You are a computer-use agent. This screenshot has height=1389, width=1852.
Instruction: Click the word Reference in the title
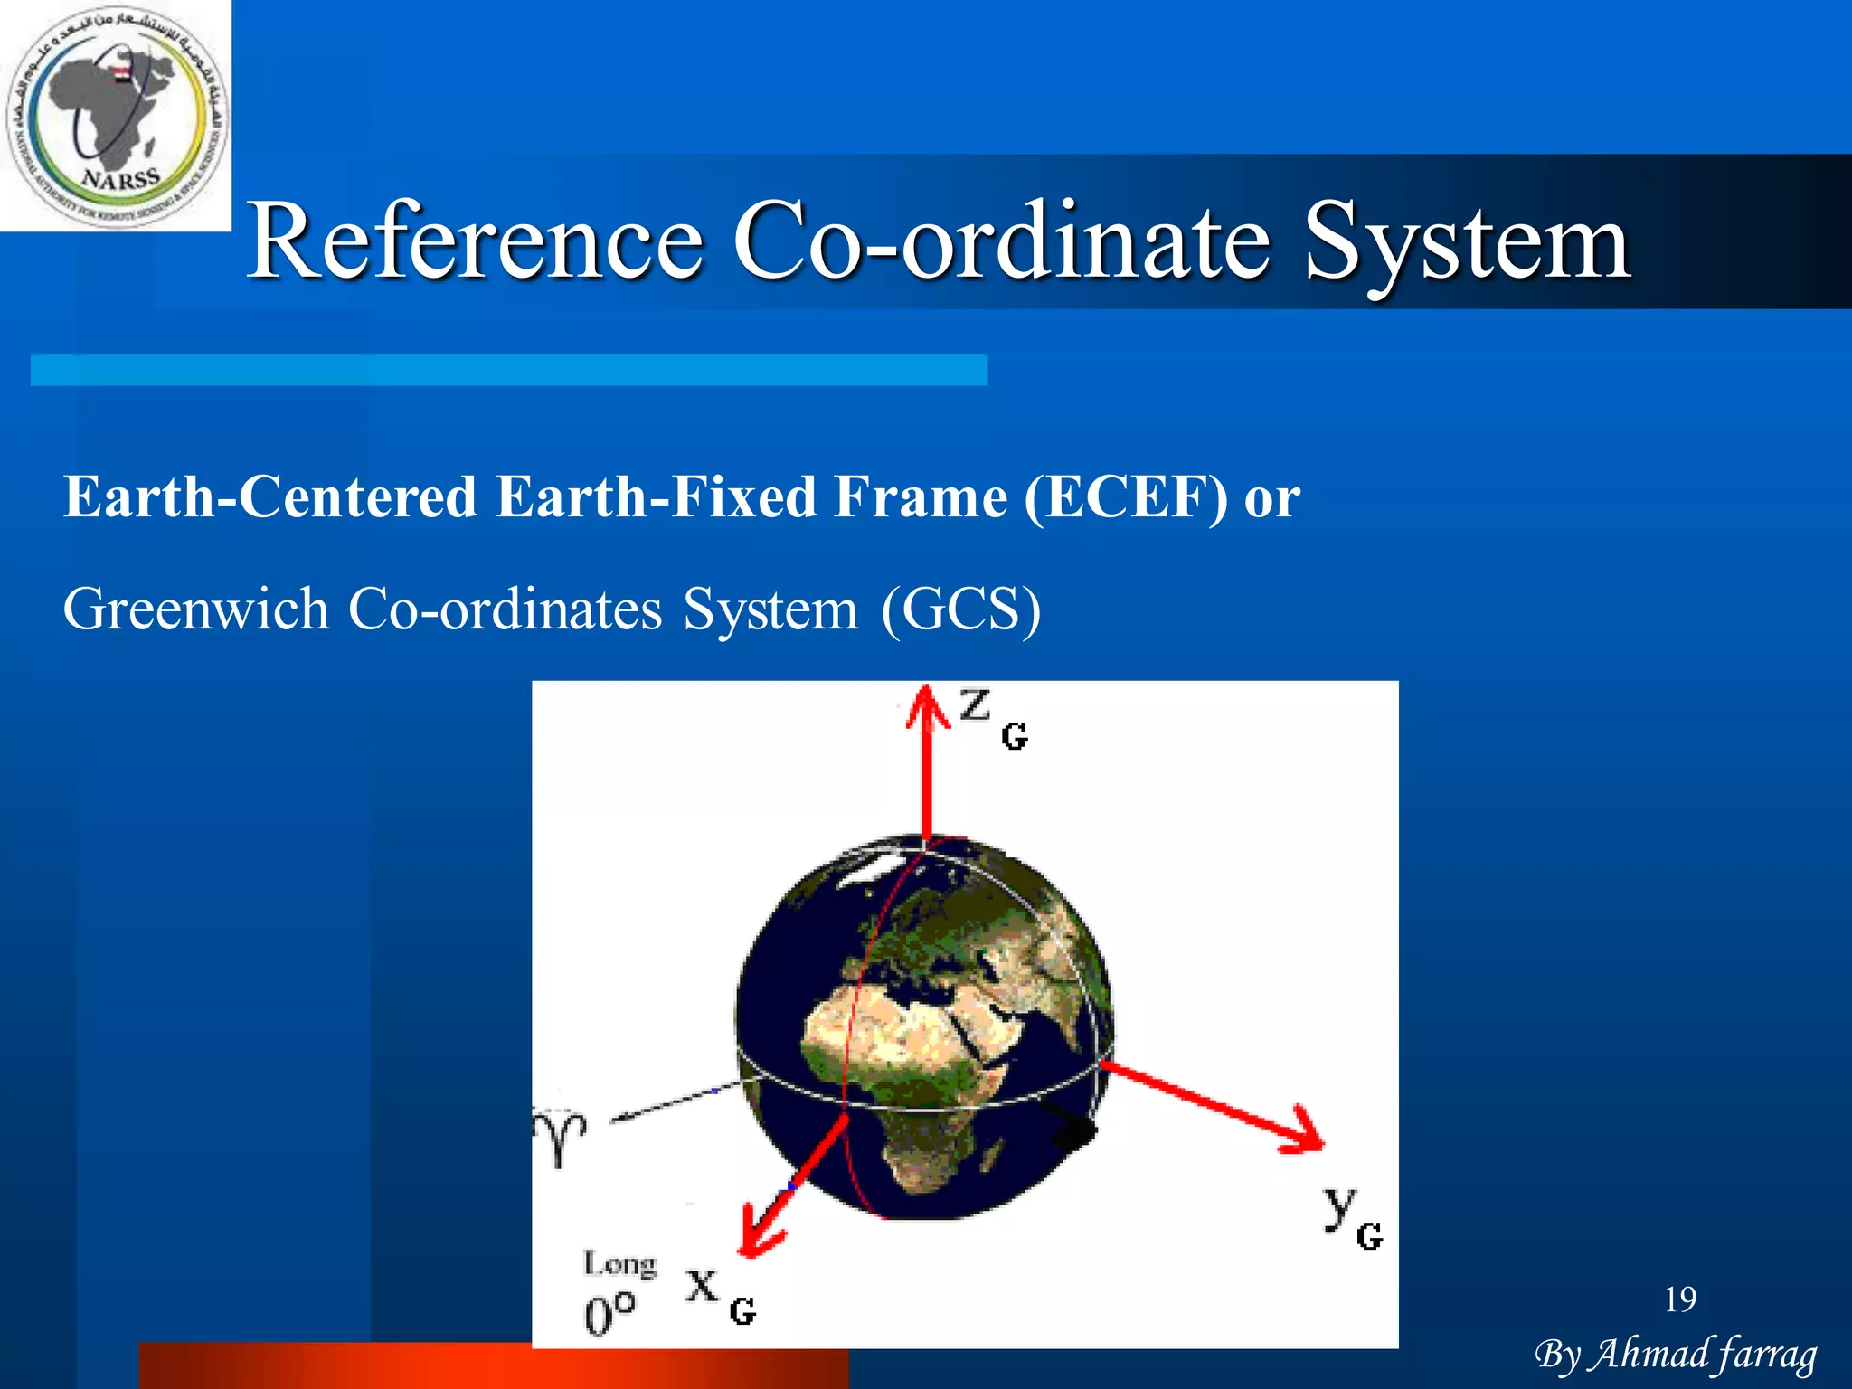coord(475,241)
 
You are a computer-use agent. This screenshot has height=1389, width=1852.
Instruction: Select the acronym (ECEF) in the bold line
coord(1126,497)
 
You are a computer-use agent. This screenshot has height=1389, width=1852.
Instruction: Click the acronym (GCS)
coord(961,609)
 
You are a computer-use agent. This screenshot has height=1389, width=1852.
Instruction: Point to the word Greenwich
coord(195,609)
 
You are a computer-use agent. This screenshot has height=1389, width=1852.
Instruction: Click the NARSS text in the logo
coord(120,177)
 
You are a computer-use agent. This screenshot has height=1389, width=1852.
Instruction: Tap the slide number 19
coord(1680,1299)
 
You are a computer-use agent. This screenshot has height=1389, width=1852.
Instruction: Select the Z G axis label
coord(992,717)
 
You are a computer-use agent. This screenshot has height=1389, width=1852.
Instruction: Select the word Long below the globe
coord(619,1263)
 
